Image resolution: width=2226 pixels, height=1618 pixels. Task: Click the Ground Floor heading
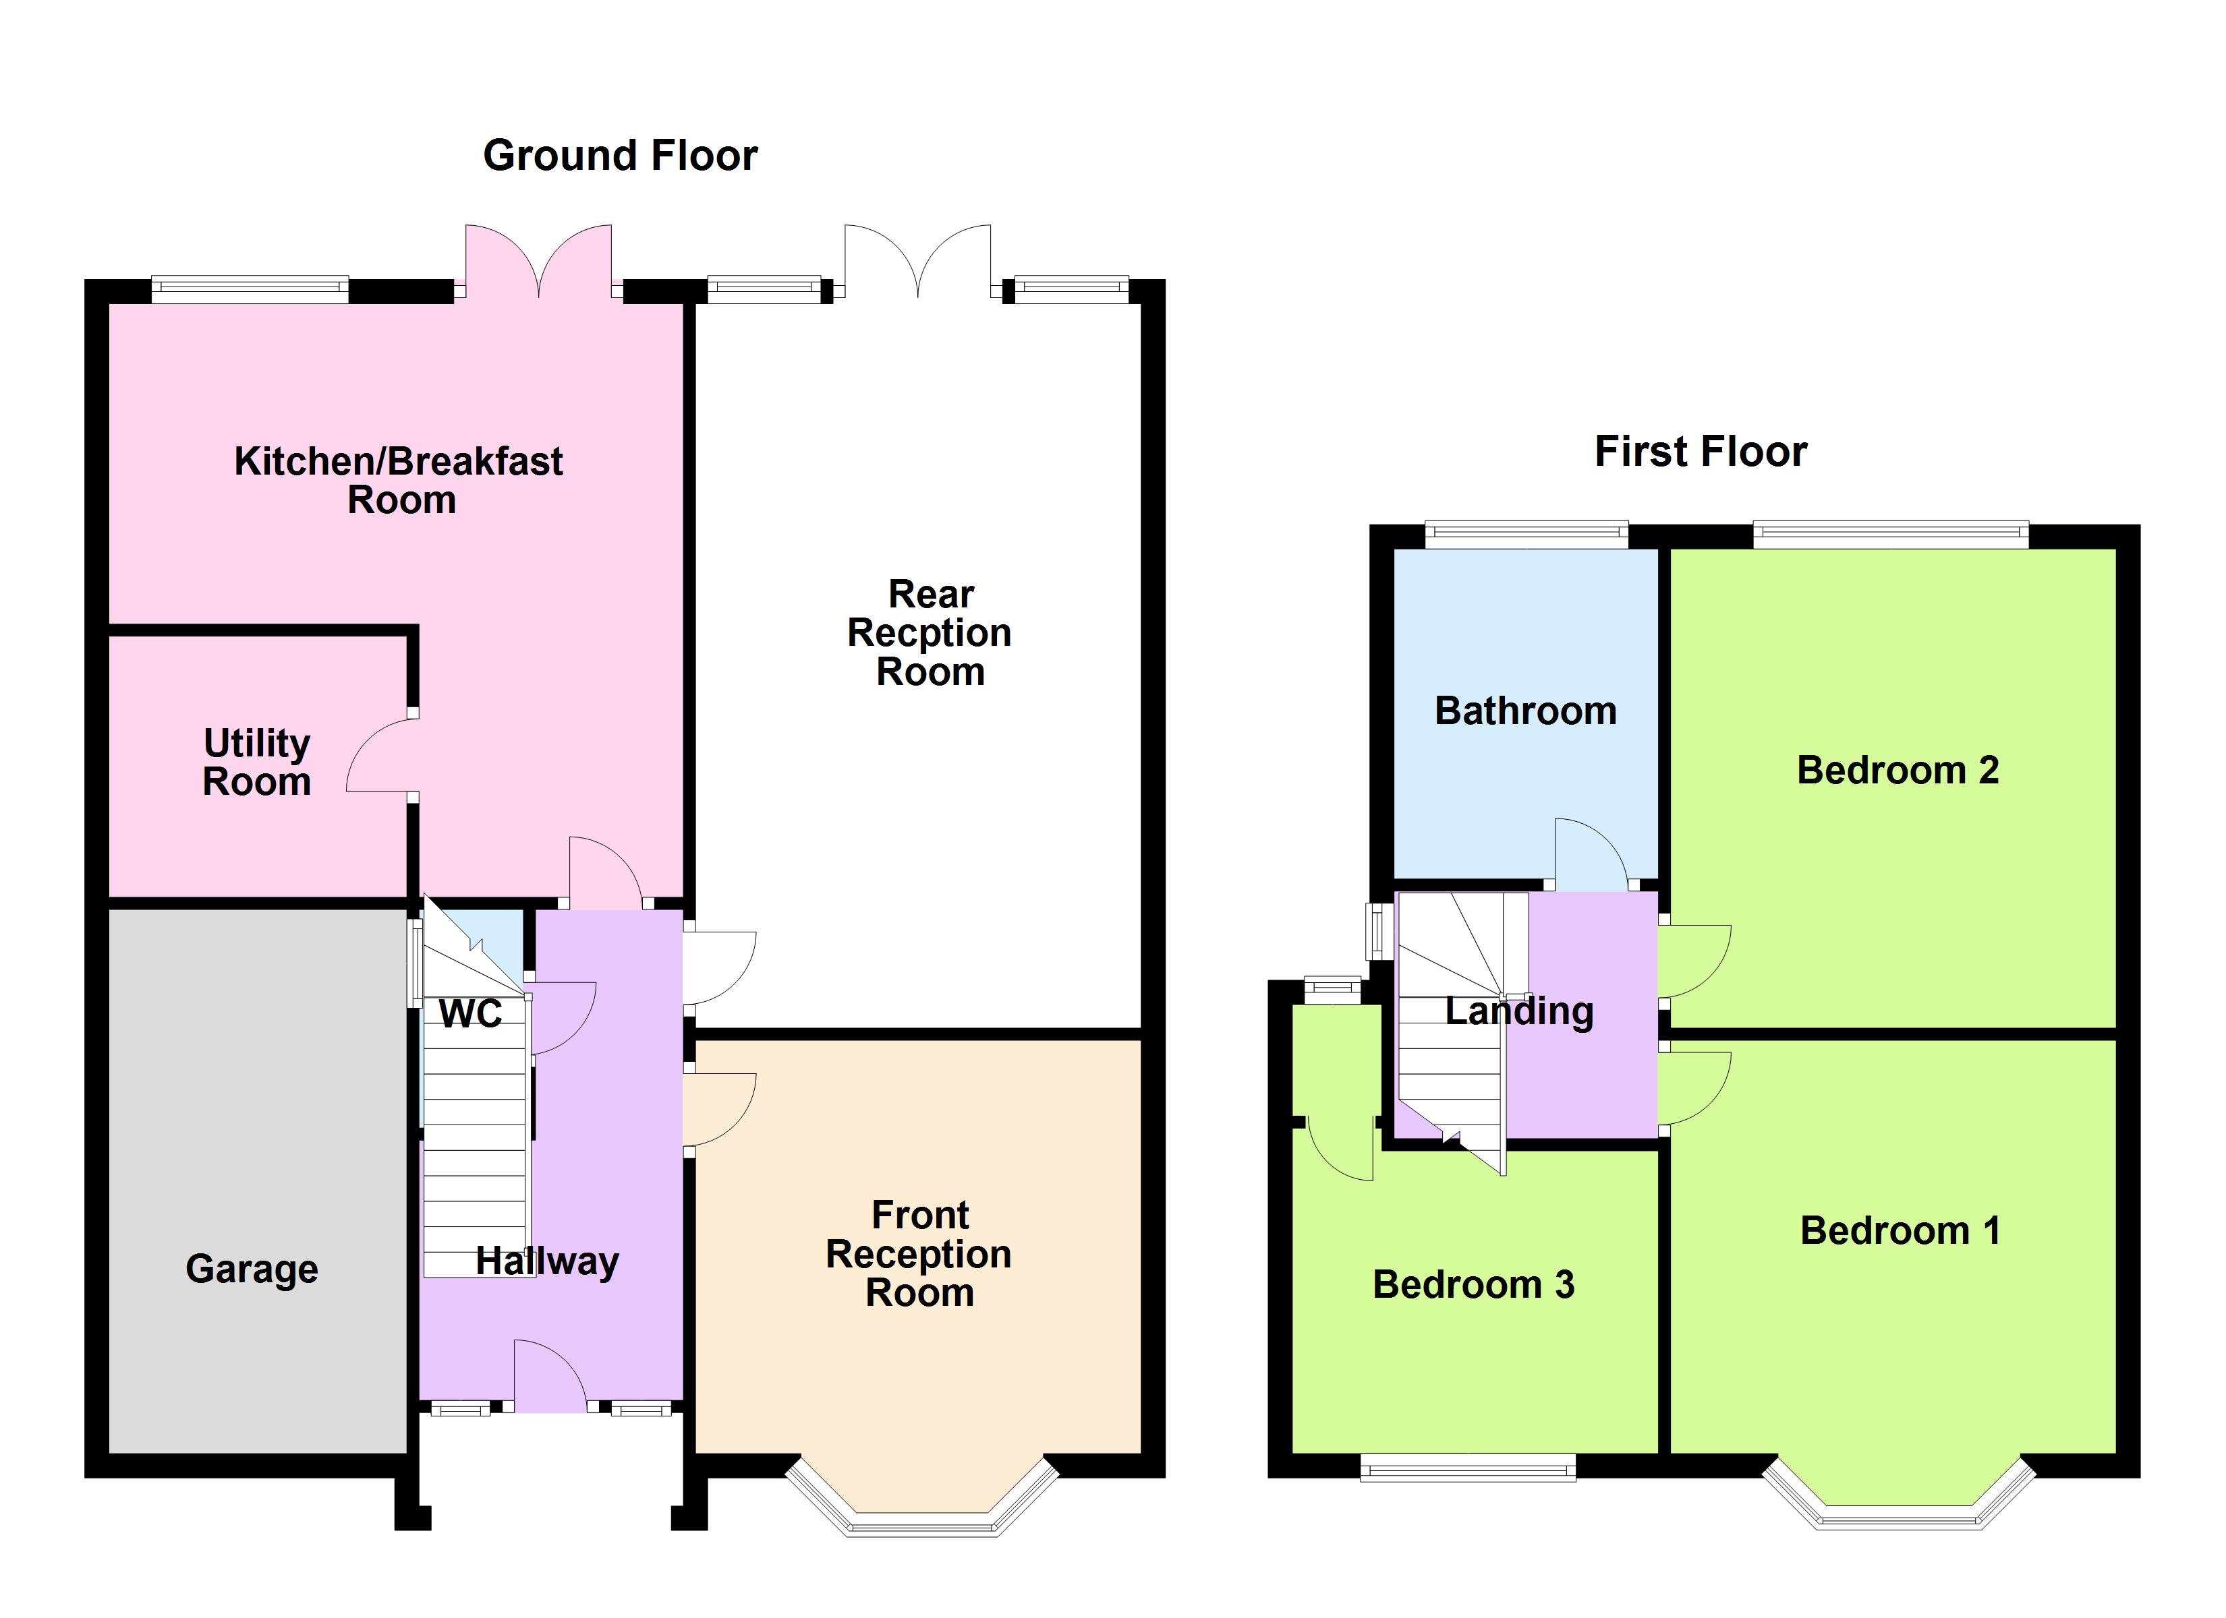point(621,155)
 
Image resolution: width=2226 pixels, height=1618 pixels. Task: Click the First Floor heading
point(1700,451)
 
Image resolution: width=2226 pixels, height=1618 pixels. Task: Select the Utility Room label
point(257,762)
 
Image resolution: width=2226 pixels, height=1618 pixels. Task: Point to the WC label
point(470,1013)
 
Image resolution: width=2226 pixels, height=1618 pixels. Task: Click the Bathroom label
point(1525,711)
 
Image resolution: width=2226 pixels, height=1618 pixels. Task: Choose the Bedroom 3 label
point(1473,1284)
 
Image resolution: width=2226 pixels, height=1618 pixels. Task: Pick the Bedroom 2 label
point(1897,771)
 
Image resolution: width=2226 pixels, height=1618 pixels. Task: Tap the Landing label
point(1519,1011)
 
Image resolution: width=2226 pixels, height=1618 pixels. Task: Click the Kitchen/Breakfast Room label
point(399,481)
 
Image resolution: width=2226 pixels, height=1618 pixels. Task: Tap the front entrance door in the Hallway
point(550,1377)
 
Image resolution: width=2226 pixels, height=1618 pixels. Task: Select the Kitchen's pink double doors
point(539,261)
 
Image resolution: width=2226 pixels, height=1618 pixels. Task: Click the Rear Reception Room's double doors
point(917,261)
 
